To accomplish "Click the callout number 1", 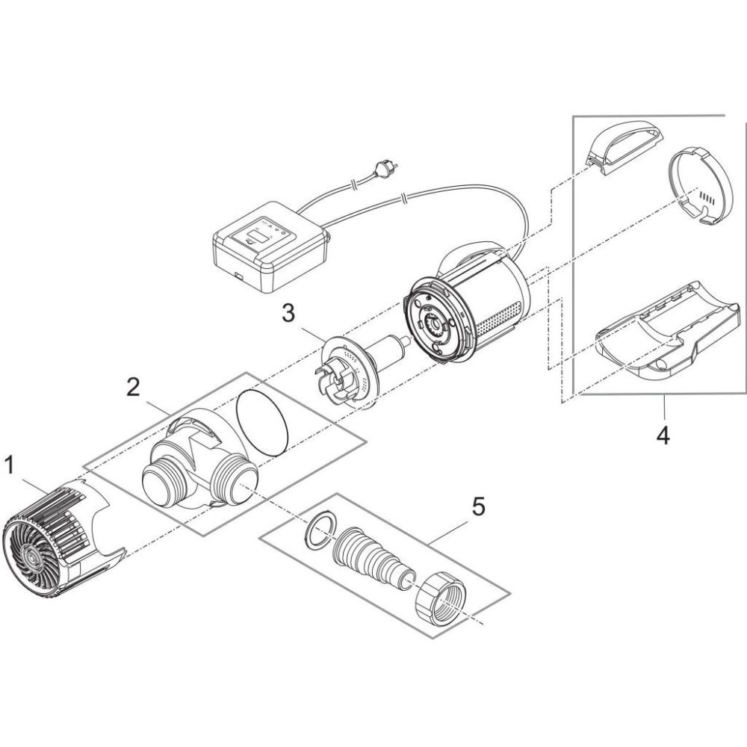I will coord(10,466).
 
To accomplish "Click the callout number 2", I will coord(132,388).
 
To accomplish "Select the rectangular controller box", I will coord(271,246).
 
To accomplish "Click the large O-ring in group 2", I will coord(262,421).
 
